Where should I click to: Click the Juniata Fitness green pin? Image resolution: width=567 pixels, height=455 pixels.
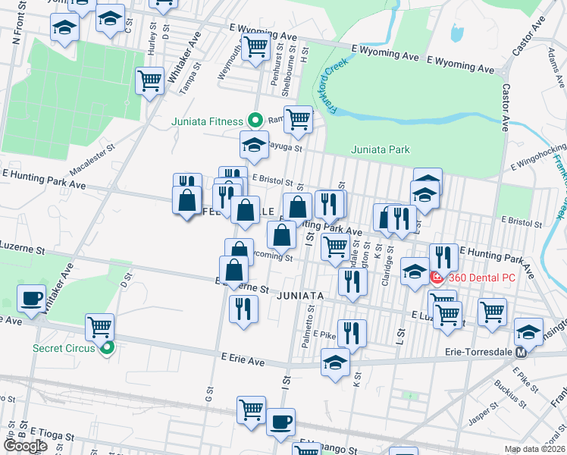click(255, 121)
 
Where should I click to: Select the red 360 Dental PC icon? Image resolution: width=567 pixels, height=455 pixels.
click(437, 278)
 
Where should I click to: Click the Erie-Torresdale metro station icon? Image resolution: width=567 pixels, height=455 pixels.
click(521, 353)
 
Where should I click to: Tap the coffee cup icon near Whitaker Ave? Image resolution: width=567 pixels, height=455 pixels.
click(32, 298)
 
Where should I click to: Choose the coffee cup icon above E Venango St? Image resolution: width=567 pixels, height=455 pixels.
click(280, 421)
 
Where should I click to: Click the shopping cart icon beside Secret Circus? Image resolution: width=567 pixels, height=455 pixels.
click(99, 327)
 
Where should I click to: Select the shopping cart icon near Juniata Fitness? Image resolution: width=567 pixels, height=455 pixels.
click(299, 119)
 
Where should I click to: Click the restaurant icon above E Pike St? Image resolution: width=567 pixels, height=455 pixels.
click(352, 332)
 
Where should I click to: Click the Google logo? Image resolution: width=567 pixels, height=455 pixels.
click(26, 446)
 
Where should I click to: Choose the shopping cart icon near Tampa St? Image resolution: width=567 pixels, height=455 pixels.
click(150, 80)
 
